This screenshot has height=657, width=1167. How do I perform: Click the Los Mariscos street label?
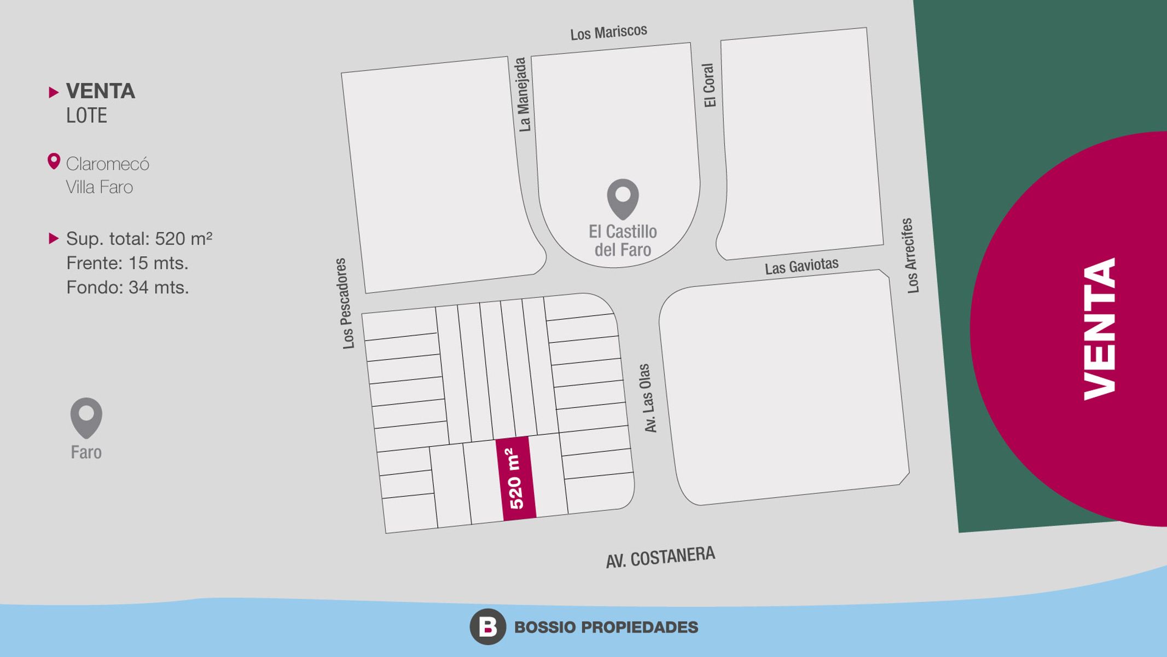608,32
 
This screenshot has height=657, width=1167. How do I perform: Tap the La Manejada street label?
524,95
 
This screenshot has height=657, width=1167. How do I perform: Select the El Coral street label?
709,85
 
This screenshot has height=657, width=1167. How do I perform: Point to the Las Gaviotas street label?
802,267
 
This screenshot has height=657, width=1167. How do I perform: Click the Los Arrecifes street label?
910,256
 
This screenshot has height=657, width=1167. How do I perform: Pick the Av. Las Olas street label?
647,398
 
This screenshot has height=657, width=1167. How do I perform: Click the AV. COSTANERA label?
660,557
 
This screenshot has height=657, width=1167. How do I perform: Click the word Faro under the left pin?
86,452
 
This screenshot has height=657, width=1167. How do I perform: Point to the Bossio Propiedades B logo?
487,626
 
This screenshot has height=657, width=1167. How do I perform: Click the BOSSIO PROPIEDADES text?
606,627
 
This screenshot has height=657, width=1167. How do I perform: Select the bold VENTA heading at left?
101,91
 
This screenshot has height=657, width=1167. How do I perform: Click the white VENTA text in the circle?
1100,329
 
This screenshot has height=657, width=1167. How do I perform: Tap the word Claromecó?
108,164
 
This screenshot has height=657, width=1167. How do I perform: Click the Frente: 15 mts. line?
127,263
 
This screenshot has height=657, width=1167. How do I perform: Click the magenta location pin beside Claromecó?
54,162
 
